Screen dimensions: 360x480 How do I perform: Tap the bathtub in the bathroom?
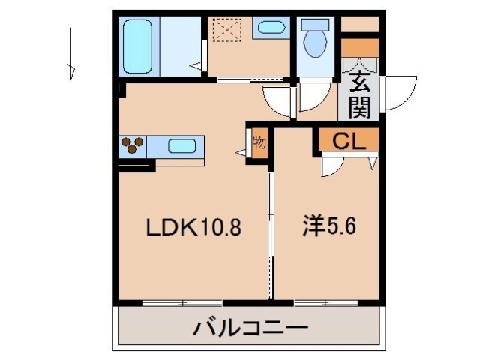[137, 45]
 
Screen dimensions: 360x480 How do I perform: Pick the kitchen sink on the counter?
[181, 146]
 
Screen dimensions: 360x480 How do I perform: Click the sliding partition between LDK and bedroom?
[270, 232]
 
